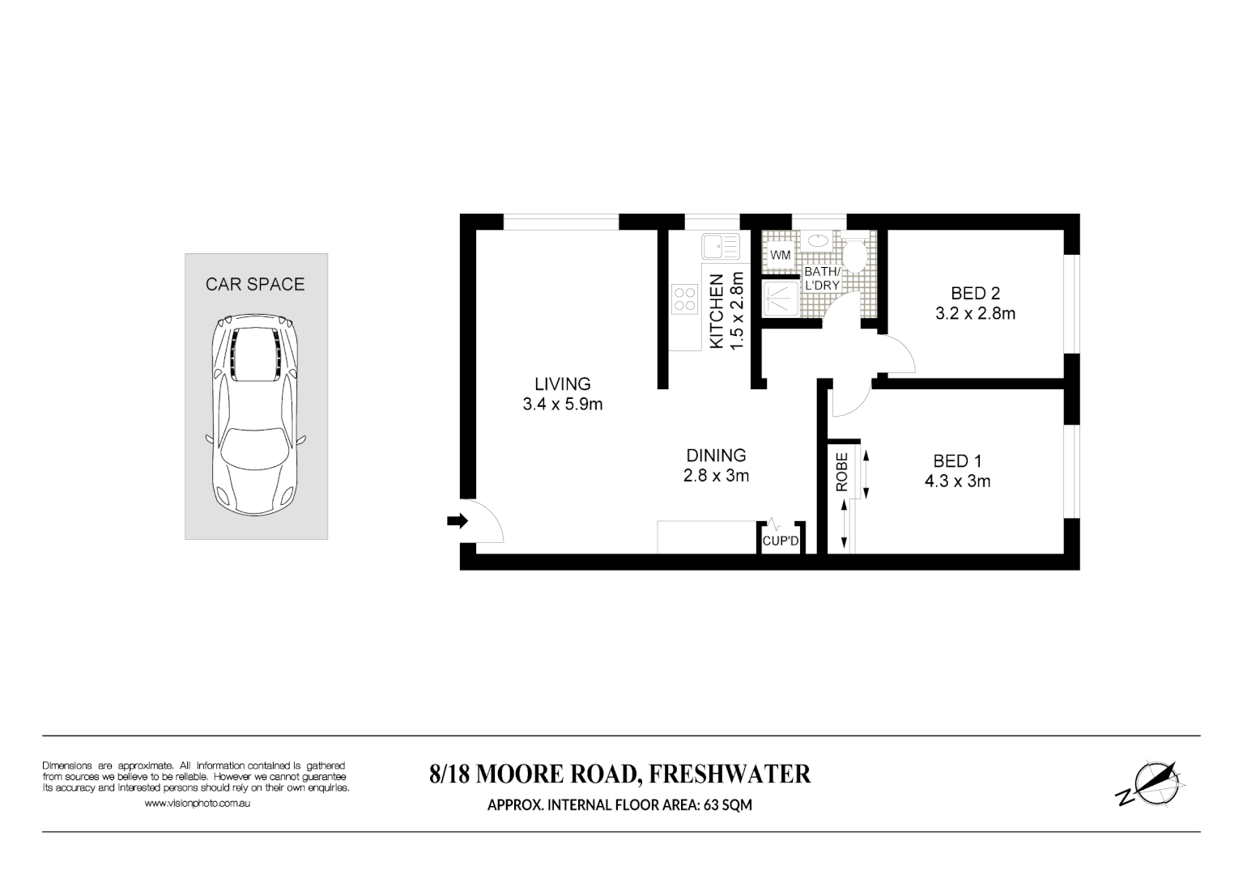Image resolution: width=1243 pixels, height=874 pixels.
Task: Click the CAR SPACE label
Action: (255, 284)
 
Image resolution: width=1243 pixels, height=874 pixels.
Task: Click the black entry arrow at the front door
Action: (458, 522)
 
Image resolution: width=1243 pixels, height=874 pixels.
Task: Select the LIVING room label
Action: (562, 384)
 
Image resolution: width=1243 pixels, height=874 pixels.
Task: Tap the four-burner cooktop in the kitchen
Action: (685, 299)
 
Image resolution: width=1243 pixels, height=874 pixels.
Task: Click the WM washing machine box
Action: (780, 255)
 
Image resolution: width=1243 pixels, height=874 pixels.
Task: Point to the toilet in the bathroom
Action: (853, 254)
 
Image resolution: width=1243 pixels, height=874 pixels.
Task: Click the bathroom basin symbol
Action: (818, 240)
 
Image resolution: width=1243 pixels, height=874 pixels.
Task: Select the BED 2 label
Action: (975, 293)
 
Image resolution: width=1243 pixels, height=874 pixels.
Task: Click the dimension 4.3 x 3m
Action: (957, 482)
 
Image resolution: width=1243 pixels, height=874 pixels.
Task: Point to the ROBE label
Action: (841, 472)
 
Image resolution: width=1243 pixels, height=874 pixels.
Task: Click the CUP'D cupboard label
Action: (781, 541)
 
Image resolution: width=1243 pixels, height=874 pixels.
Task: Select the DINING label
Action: (716, 456)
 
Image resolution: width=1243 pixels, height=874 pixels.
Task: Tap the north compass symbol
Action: (1151, 783)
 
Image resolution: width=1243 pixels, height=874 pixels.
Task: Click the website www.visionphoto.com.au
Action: (196, 804)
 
